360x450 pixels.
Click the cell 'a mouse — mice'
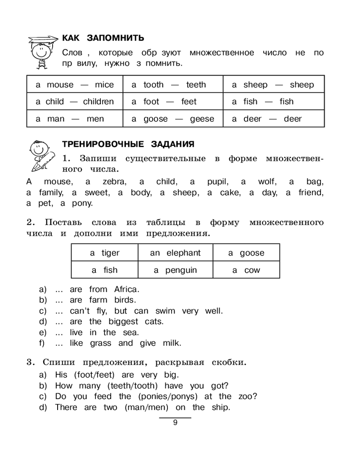74,85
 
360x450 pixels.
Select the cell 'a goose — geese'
173,119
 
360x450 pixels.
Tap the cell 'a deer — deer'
273,119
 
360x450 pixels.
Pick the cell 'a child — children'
74,102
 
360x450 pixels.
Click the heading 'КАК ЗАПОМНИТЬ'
103,37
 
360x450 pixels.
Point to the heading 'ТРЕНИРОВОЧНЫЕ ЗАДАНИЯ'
128,144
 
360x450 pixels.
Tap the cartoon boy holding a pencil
41,155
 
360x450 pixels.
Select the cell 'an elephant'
175,253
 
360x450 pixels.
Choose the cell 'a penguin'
175,270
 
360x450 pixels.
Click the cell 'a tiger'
105,253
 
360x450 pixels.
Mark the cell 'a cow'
246,270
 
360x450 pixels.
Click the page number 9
175,423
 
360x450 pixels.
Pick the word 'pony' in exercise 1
81,203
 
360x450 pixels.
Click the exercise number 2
30,223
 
